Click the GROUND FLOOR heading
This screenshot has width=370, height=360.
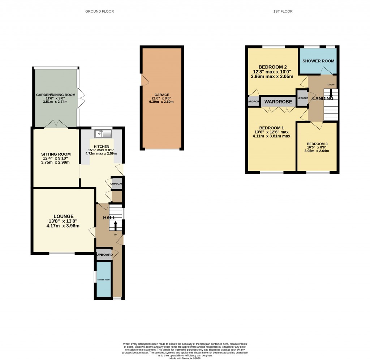tap(99, 12)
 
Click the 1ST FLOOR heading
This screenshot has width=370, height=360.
tap(283, 12)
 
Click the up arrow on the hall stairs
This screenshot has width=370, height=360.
tap(116, 225)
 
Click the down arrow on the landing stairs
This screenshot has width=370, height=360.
tap(331, 95)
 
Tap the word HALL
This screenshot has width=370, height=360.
tap(109, 218)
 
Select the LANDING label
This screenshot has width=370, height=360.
tap(323, 98)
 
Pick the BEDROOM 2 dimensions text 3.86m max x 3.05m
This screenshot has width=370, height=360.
tap(272, 77)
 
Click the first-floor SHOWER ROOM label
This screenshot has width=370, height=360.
tap(318, 61)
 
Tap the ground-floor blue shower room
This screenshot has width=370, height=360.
tap(103, 279)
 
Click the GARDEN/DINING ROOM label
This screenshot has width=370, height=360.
tap(56, 95)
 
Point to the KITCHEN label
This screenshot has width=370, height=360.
tap(102, 147)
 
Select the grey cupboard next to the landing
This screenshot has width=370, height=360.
tap(302, 98)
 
